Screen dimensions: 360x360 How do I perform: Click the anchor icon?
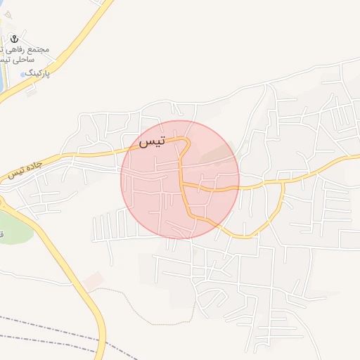[x=13, y=39]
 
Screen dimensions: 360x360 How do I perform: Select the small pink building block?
[x=92, y=281]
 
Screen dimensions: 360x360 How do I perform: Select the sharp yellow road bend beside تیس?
[x=188, y=142]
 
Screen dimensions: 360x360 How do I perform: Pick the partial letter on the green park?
[x=2, y=234]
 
